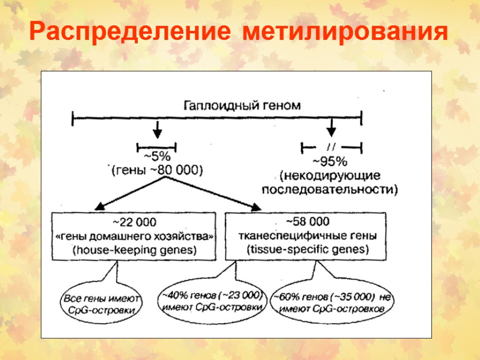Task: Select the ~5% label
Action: click(157, 157)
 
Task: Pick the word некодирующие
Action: click(330, 176)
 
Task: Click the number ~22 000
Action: click(134, 221)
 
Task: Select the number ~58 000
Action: click(307, 221)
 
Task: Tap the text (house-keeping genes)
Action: click(134, 250)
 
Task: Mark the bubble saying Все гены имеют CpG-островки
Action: click(101, 304)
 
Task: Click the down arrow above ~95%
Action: click(332, 127)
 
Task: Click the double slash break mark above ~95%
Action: click(332, 146)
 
